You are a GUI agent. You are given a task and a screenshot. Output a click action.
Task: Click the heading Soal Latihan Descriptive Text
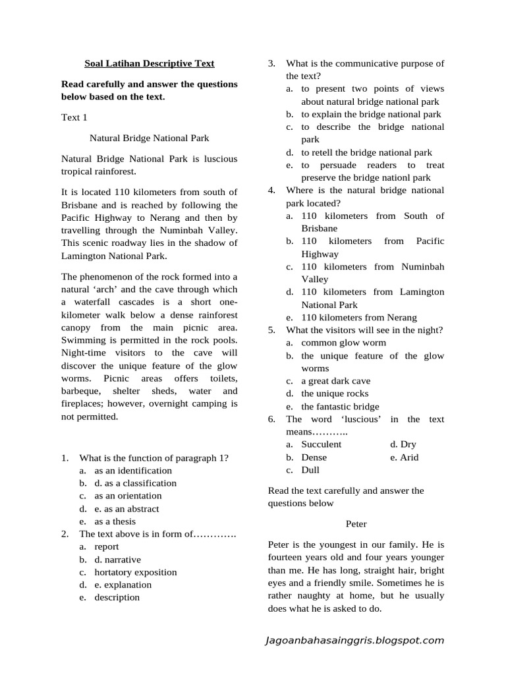[150, 64]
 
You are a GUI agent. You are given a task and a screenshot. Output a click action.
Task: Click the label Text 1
[74, 117]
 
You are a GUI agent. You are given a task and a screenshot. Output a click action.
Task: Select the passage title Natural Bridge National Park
[149, 138]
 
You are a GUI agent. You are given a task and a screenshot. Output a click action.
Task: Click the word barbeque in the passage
[82, 391]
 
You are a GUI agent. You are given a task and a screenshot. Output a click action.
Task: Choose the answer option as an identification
[133, 471]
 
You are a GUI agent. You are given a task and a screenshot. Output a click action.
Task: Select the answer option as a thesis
[115, 521]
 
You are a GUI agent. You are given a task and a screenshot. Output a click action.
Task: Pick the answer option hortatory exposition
[136, 572]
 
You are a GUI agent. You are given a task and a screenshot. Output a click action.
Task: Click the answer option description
[117, 597]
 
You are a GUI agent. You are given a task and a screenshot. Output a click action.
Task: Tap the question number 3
[271, 64]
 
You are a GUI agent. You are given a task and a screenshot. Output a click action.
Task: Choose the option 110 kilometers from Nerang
[359, 318]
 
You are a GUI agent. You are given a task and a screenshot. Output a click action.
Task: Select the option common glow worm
[344, 343]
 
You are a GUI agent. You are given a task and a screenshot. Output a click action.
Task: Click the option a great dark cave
[336, 381]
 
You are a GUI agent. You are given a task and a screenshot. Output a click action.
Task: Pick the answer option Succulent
[322, 444]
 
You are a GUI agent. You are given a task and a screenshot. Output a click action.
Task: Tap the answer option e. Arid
[405, 457]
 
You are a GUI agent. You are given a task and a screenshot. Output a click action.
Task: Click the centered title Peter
[356, 524]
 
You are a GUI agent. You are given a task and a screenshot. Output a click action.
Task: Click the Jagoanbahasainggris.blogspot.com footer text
[354, 640]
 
